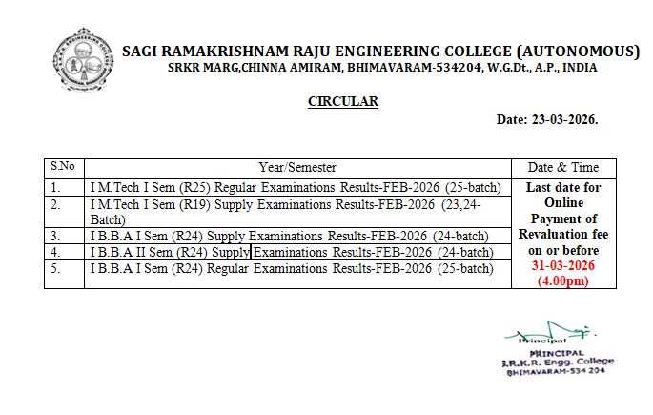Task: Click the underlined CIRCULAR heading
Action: pyautogui.click(x=343, y=101)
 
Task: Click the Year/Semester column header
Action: pyautogui.click(x=297, y=167)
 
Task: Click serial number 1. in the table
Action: pyautogui.click(x=56, y=188)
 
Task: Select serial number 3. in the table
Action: pyautogui.click(x=56, y=235)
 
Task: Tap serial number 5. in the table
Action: pyautogui.click(x=56, y=269)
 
